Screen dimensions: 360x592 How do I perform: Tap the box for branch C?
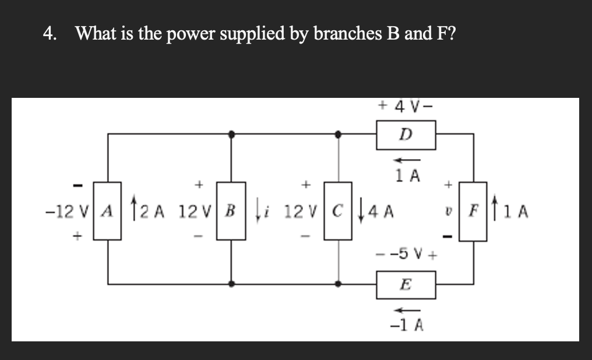(339, 210)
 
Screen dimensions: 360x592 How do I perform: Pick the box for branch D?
(406, 135)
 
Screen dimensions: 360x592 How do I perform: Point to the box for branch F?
(473, 211)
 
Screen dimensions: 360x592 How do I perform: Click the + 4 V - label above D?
(406, 107)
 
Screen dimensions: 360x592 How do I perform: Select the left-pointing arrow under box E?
(406, 309)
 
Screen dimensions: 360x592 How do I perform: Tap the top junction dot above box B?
(231, 135)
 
